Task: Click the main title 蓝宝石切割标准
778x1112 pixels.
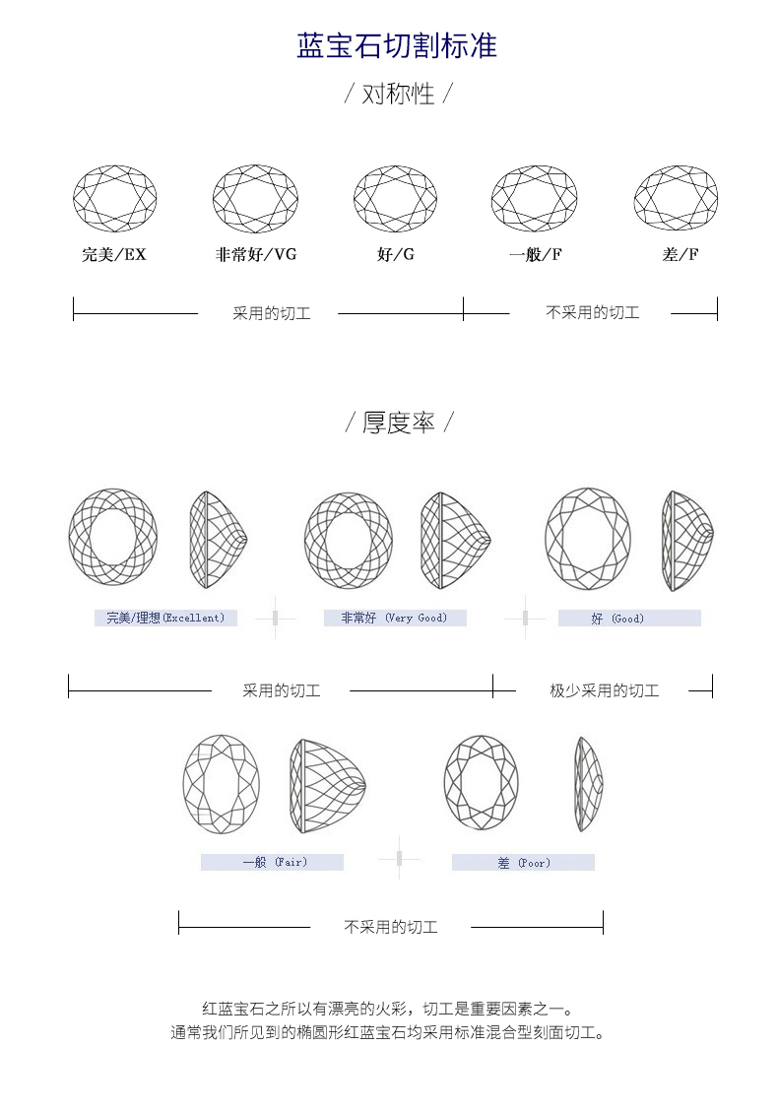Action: click(397, 45)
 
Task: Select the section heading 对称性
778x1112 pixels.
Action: click(398, 94)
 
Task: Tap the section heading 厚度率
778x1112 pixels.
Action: click(398, 423)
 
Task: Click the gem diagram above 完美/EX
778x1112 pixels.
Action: click(114, 198)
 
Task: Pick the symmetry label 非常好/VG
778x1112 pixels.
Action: click(255, 254)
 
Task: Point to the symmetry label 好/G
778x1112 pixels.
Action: click(396, 254)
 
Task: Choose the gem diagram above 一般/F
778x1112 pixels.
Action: click(534, 198)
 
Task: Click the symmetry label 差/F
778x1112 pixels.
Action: click(681, 254)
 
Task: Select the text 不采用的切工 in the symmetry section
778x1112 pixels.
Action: click(592, 313)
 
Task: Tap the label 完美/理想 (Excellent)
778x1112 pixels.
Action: click(165, 618)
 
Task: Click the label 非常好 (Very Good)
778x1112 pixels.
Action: click(394, 618)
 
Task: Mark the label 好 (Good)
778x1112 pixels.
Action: click(617, 619)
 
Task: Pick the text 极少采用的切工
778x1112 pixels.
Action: click(605, 690)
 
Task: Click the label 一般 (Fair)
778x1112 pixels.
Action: click(275, 863)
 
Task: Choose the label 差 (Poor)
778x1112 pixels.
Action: click(524, 863)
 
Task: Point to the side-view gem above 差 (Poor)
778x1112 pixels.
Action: click(588, 784)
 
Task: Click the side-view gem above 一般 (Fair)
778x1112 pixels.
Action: click(328, 786)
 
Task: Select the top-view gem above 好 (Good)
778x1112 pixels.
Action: click(588, 539)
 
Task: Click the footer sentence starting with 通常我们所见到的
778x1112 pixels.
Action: click(389, 1032)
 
